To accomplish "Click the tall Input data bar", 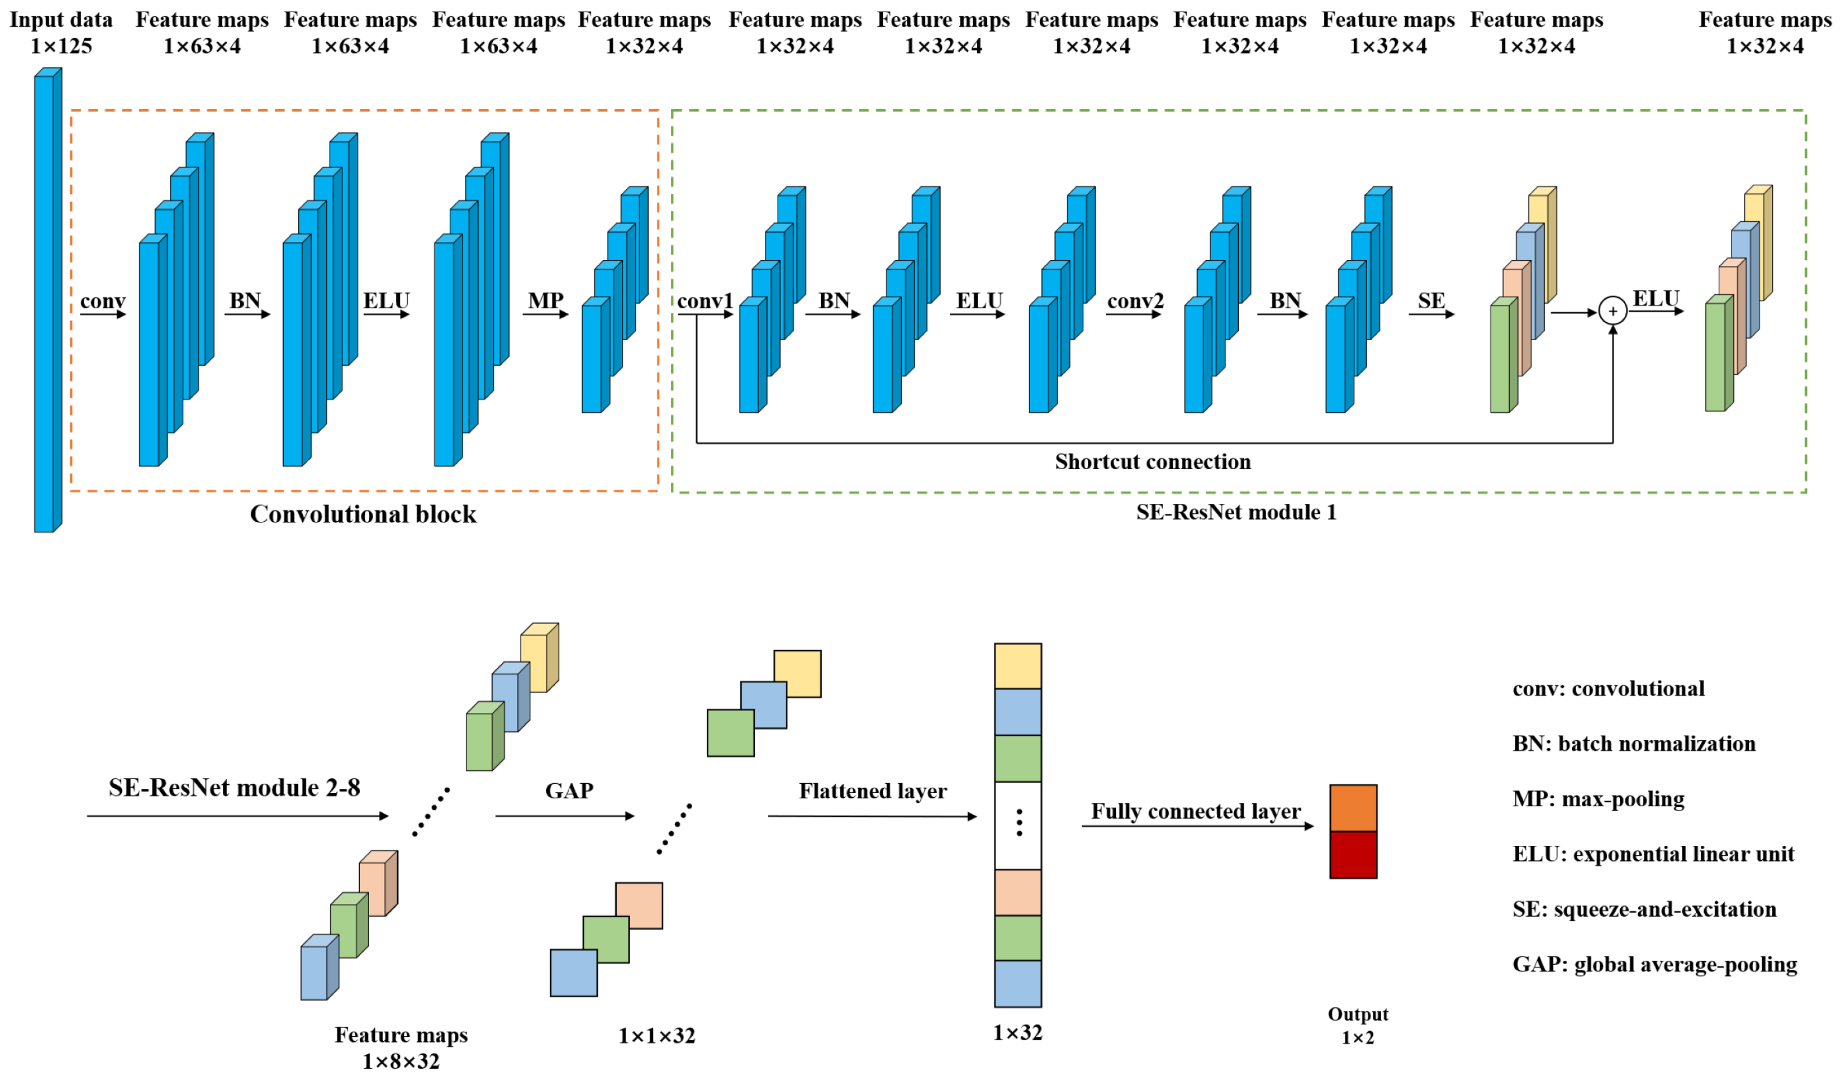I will point(45,303).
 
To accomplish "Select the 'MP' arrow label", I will point(545,300).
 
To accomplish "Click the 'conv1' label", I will point(704,301).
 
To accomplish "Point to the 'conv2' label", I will point(1134,301).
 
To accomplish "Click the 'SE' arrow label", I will point(1431,300).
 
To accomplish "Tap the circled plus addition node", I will point(1612,311).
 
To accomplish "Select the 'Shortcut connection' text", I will point(1152,462).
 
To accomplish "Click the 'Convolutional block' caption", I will point(363,514).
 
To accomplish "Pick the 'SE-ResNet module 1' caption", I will point(1236,512).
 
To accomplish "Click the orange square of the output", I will point(1353,807).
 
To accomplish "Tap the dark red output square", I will point(1353,855).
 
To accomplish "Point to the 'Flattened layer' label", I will point(873,791).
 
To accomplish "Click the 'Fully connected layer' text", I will point(1195,811).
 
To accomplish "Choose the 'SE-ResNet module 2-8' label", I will point(234,787).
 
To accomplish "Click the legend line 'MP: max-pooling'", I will point(1598,798).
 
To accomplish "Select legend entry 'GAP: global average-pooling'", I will point(1654,964).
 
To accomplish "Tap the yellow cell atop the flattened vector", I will point(1017,665).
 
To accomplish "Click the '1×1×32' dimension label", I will point(656,1036).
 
